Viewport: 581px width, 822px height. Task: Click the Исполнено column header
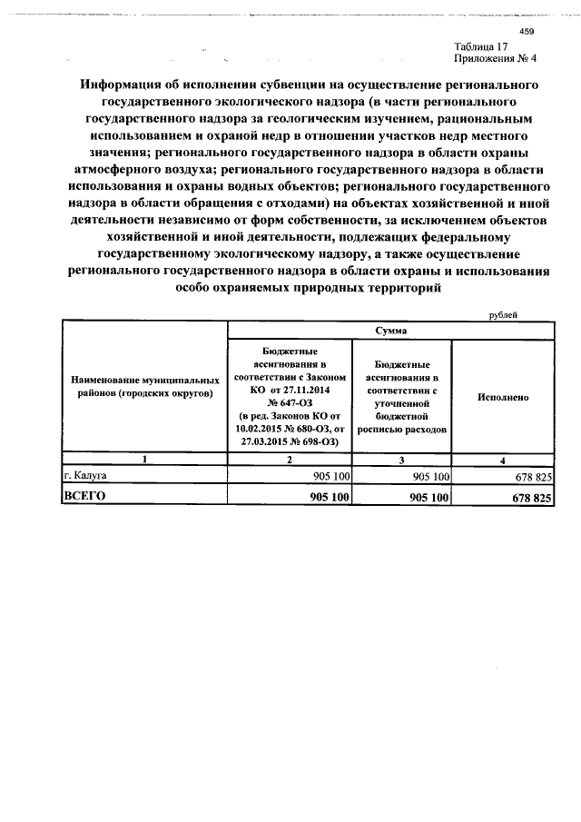click(503, 397)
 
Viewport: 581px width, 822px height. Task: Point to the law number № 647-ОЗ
click(290, 401)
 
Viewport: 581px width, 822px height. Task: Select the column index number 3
click(400, 460)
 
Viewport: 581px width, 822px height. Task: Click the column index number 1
click(144, 460)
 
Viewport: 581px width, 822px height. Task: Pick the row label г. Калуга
click(86, 475)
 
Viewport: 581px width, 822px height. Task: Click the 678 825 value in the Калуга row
click(532, 476)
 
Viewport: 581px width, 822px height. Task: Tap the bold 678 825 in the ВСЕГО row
click(531, 498)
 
